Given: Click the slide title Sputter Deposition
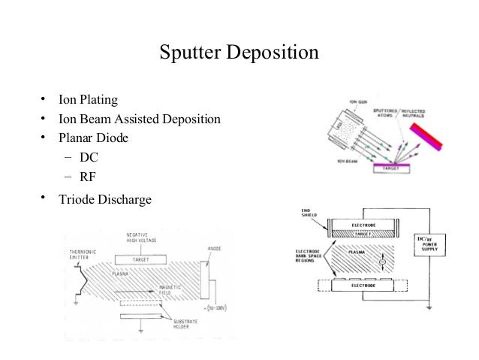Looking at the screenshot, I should [x=239, y=53].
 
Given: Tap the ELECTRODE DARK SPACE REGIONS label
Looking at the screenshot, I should [x=314, y=254].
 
